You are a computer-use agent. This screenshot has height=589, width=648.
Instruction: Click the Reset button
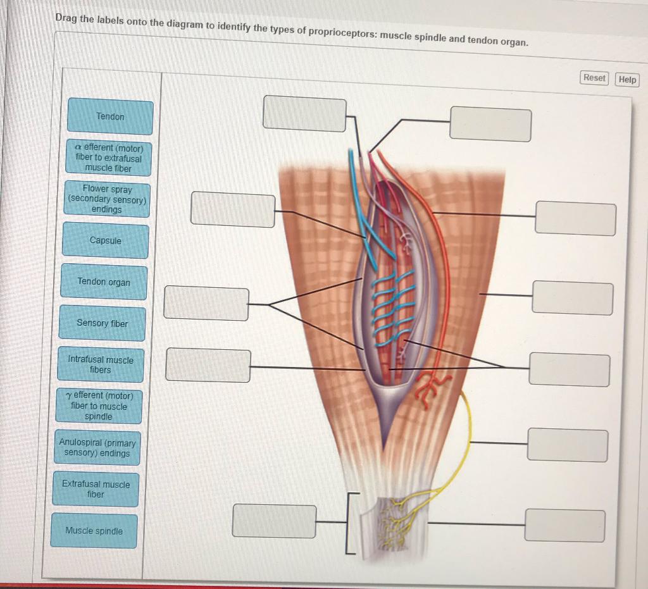pyautogui.click(x=594, y=78)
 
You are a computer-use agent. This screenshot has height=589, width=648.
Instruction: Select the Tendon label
pyautogui.click(x=110, y=117)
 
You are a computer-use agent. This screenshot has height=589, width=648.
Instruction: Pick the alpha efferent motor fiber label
pyautogui.click(x=108, y=158)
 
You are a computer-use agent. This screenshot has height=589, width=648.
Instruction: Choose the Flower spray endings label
pyautogui.click(x=107, y=199)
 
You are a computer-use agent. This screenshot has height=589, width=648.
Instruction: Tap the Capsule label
pyautogui.click(x=106, y=240)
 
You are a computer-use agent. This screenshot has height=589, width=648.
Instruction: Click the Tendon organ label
pyautogui.click(x=104, y=282)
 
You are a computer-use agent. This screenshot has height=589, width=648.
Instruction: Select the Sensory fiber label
pyautogui.click(x=103, y=323)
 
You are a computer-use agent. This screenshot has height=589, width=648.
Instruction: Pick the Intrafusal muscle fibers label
pyautogui.click(x=101, y=364)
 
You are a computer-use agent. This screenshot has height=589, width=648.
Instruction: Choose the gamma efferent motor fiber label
pyautogui.click(x=99, y=406)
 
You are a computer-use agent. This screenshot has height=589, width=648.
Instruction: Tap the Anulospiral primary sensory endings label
pyautogui.click(x=97, y=448)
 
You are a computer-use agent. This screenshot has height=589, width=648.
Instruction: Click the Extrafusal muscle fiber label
pyautogui.click(x=96, y=489)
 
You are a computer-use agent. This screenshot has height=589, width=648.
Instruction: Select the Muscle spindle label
pyautogui.click(x=94, y=531)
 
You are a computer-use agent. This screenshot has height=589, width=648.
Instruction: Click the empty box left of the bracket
pyautogui.click(x=274, y=521)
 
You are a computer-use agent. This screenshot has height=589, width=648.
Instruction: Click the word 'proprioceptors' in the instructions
pyautogui.click(x=341, y=32)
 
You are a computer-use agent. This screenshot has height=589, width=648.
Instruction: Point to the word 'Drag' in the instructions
pyautogui.click(x=66, y=18)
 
